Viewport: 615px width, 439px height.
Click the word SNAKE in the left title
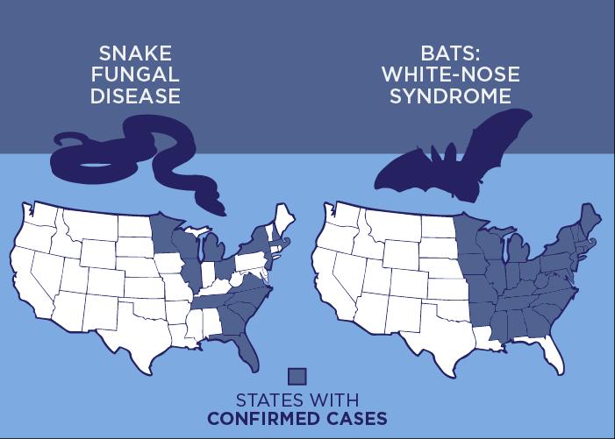pyautogui.click(x=135, y=54)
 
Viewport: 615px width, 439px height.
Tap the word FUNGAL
pyautogui.click(x=135, y=75)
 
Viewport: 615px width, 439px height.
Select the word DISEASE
pyautogui.click(x=135, y=96)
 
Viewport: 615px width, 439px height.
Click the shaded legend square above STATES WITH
pyautogui.click(x=297, y=375)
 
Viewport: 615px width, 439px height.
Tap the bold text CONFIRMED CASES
pyautogui.click(x=297, y=419)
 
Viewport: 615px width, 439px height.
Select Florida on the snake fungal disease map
pyautogui.click(x=252, y=350)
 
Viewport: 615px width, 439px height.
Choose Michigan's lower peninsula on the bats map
pyautogui.click(x=522, y=254)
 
